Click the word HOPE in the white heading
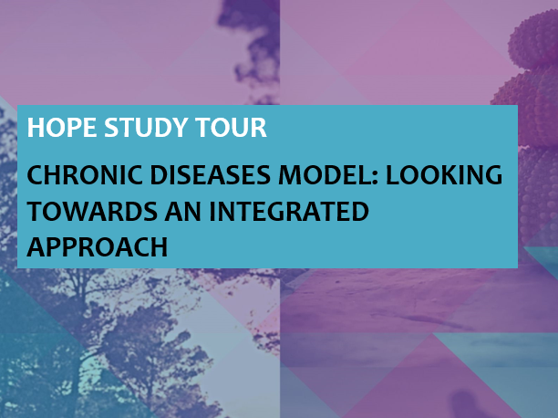[62, 127]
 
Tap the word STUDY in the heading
[146, 127]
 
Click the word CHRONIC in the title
[85, 175]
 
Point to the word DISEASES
[211, 175]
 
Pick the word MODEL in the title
[324, 175]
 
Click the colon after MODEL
[375, 177]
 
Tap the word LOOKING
[444, 175]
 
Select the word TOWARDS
[92, 212]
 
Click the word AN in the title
[182, 212]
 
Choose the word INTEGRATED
[289, 212]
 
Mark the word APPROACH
[98, 247]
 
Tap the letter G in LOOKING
[493, 175]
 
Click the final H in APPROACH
[159, 247]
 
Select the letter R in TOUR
[260, 127]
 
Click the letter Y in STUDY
[179, 127]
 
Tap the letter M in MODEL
[289, 175]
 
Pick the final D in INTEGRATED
[360, 212]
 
